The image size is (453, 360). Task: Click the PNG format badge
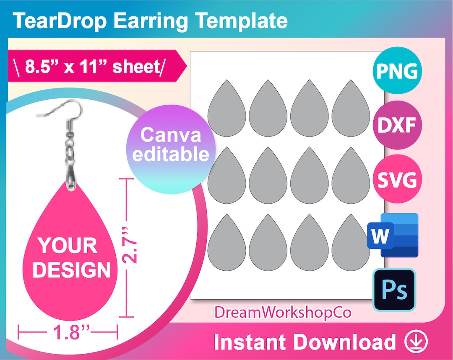pos(396,71)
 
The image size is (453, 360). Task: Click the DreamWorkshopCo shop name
pos(283,312)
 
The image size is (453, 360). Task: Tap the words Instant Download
pos(305,342)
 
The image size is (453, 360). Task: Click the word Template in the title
pos(244,21)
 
